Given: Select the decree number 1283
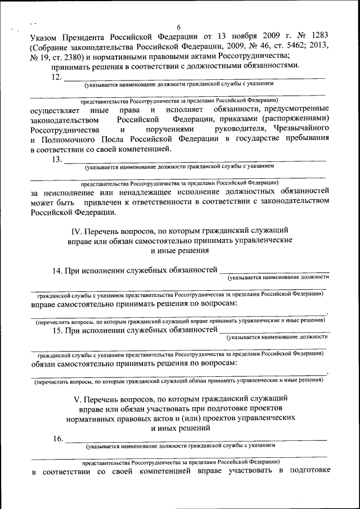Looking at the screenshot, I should pyautogui.click(x=316, y=37).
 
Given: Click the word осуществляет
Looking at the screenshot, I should pyautogui.click(x=56, y=109).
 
